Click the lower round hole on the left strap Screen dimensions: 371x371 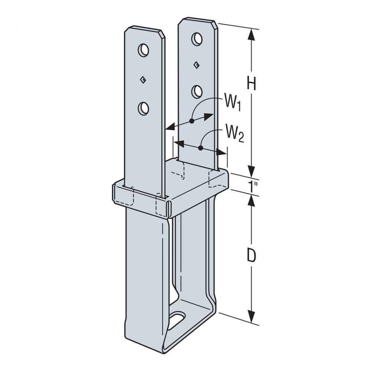click(143, 108)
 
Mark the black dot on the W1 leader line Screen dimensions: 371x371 click(191, 121)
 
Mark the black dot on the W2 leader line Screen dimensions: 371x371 click(200, 148)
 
